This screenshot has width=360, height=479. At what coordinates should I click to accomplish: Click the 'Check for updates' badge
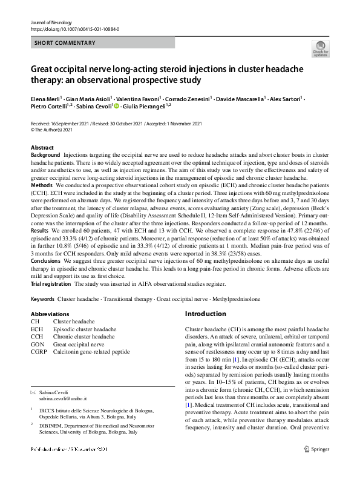pos(320,48)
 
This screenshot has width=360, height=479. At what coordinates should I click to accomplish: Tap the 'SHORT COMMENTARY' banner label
pos(65,42)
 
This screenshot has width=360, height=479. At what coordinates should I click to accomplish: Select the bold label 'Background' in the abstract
pos(45,156)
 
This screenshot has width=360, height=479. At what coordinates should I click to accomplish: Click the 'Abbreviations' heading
pos(50,314)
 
